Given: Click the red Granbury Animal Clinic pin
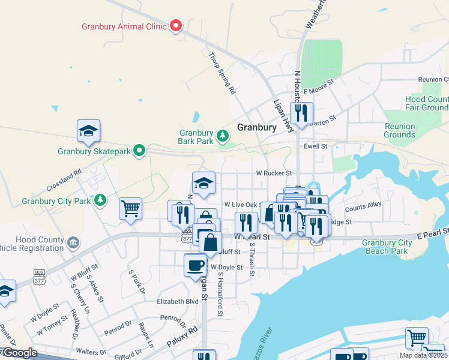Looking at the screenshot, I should click(x=176, y=26).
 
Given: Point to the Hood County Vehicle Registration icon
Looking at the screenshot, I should click(x=73, y=243).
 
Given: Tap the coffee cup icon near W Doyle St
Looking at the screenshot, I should click(x=195, y=265).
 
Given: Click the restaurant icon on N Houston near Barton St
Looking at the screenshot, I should click(x=301, y=112).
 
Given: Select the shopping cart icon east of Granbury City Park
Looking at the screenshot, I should click(x=130, y=208).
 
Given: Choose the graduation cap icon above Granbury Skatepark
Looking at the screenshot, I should click(x=88, y=130).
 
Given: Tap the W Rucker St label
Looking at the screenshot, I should click(x=274, y=173).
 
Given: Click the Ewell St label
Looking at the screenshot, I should click(x=315, y=146).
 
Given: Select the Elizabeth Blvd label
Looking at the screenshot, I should click(x=177, y=302).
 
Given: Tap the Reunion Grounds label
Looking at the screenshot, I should click(x=399, y=130).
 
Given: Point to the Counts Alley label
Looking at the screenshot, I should click(x=363, y=205).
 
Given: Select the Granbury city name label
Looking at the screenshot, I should click(x=256, y=127).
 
